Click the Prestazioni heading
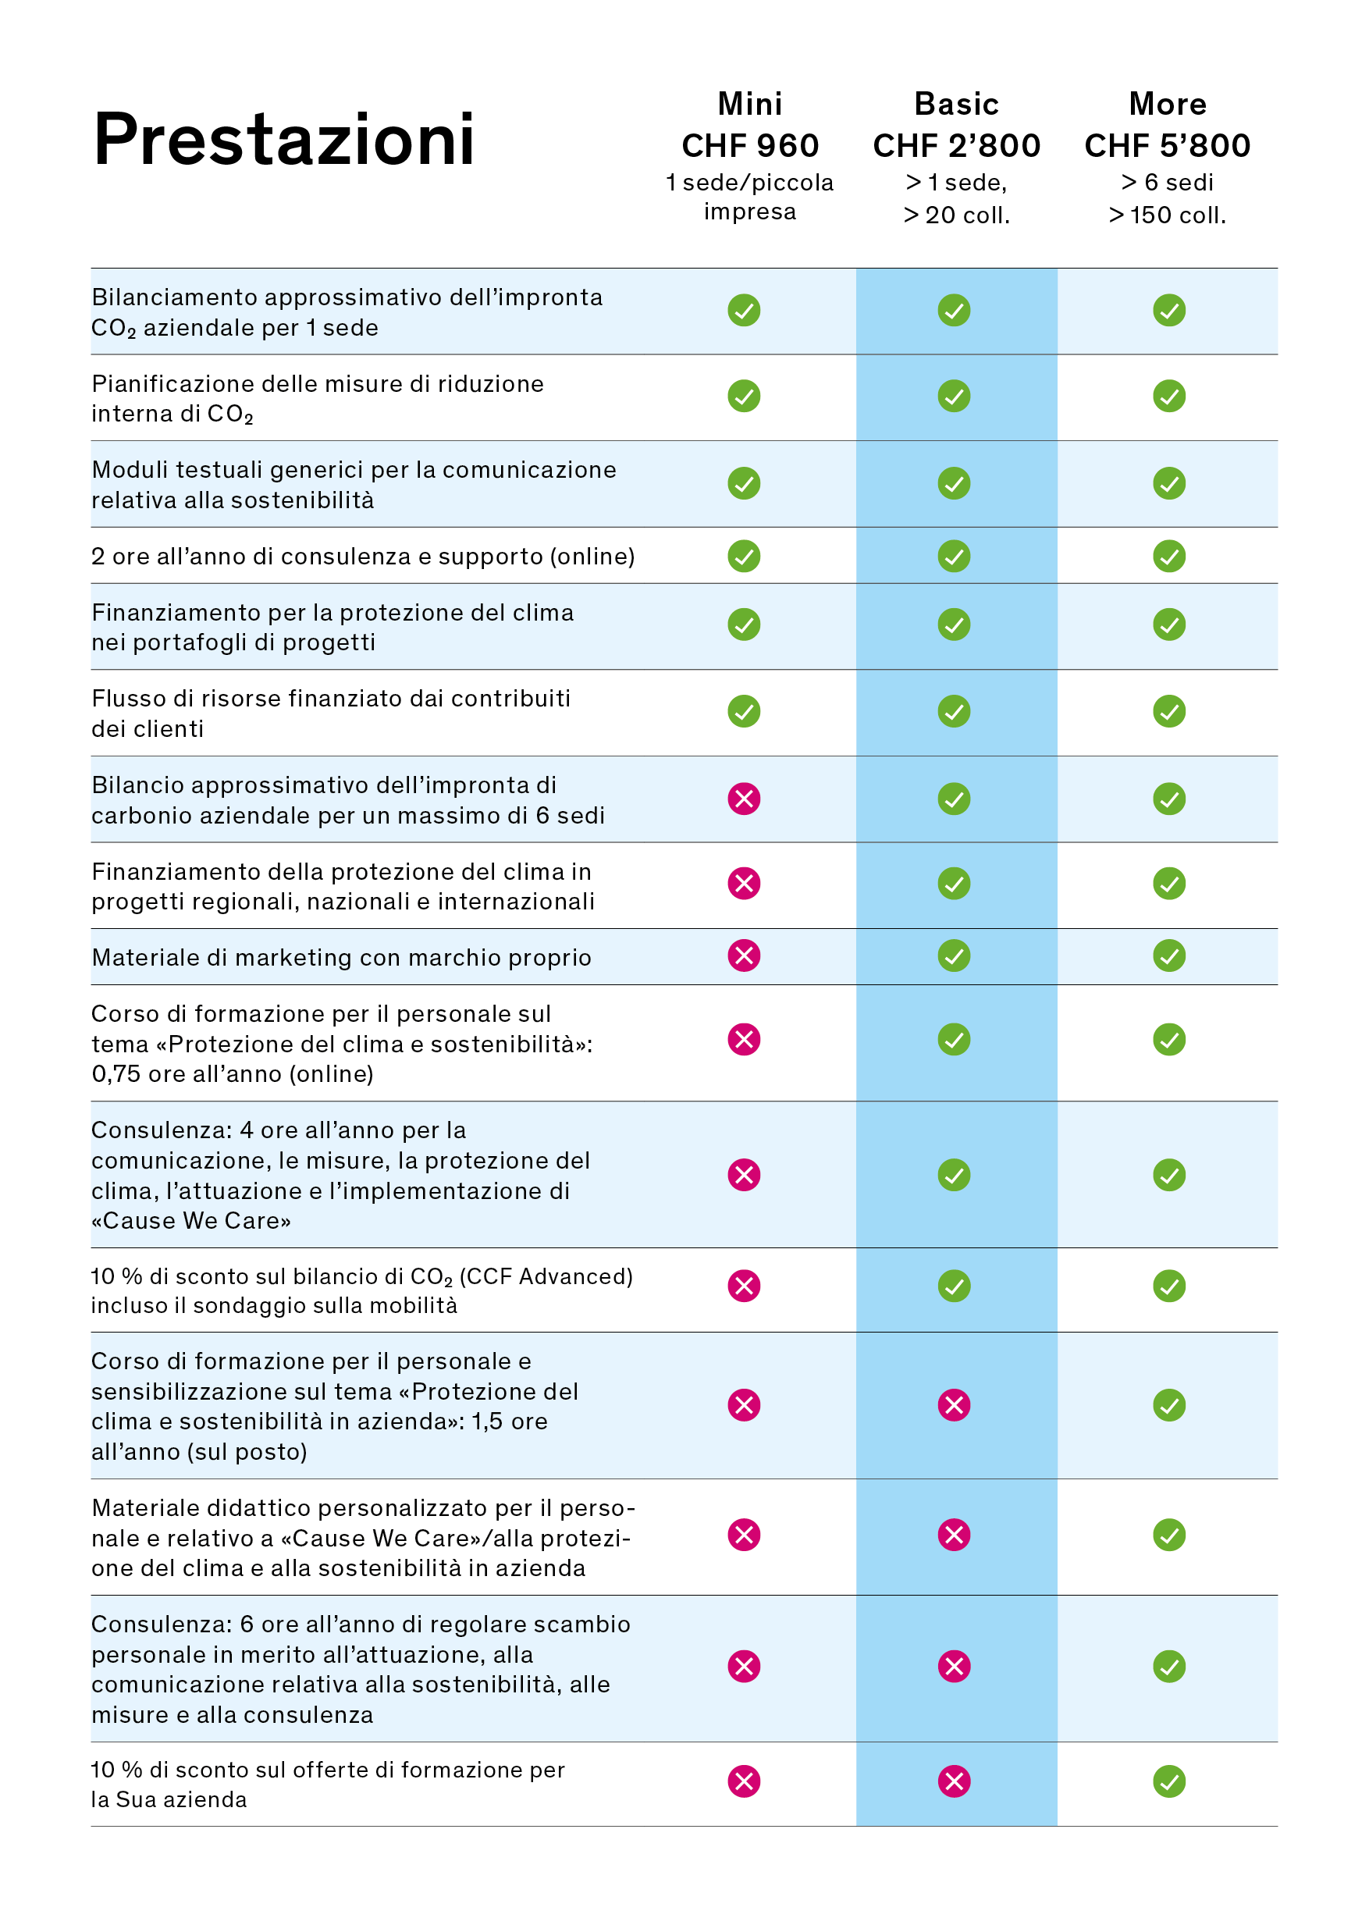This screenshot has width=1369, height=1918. [x=284, y=139]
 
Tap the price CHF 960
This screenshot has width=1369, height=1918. [x=749, y=146]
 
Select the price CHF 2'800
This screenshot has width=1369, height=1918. [x=956, y=146]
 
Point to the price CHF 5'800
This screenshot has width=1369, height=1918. [x=1168, y=146]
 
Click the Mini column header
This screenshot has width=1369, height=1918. [x=749, y=104]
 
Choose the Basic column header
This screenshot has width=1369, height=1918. [x=956, y=104]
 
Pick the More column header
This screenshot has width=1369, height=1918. [x=1168, y=104]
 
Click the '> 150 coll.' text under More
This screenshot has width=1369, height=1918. [x=1168, y=215]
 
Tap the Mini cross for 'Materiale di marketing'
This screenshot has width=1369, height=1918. [x=744, y=955]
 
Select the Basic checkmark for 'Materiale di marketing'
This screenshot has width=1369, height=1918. [x=954, y=955]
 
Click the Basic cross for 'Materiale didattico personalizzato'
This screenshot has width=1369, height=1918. [x=954, y=1535]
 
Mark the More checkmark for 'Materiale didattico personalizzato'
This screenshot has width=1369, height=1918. [x=1168, y=1535]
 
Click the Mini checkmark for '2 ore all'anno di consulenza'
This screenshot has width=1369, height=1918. [x=744, y=556]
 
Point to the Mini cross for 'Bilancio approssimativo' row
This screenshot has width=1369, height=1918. [x=744, y=799]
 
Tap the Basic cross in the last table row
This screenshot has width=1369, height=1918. [x=954, y=1781]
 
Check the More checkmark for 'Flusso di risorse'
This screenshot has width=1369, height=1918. [x=1168, y=710]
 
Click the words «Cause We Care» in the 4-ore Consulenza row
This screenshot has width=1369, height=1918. [x=191, y=1220]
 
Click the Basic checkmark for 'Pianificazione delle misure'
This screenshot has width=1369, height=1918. [x=954, y=396]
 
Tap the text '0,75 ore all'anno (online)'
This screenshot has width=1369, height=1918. [x=233, y=1073]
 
